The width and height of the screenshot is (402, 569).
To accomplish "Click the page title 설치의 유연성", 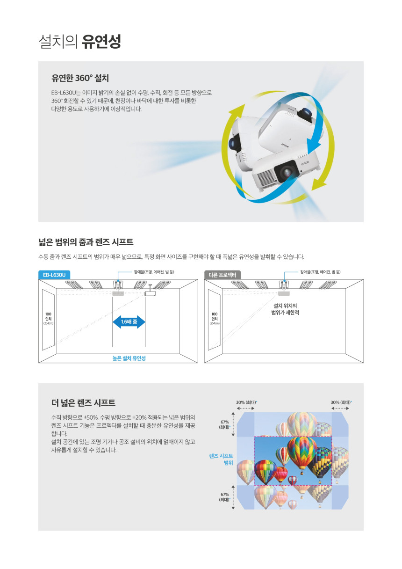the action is (79, 41).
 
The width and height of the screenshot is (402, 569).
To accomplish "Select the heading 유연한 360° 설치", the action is (80, 78).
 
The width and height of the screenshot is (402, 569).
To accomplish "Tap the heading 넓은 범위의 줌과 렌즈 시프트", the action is (86, 242).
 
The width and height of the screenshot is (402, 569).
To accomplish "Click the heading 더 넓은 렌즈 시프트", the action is (83, 402).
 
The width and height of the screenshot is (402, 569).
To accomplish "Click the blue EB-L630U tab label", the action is (54, 275).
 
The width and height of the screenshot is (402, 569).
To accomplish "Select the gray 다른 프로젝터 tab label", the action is (223, 275).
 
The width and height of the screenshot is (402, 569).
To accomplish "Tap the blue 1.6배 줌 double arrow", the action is (129, 322).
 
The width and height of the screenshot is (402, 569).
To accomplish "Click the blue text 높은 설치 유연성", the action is (129, 358).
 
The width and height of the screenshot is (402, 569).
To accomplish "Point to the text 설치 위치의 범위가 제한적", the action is (285, 309).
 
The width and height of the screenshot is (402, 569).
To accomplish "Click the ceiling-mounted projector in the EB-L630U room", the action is (150, 292).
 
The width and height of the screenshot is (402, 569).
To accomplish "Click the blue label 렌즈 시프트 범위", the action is (221, 459).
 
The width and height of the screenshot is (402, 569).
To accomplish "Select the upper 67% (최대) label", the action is (224, 424).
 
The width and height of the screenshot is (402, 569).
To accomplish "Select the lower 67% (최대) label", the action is (224, 497).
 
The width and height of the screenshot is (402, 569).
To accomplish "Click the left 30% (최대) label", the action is (246, 402).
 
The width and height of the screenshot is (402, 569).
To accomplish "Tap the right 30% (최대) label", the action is (341, 402).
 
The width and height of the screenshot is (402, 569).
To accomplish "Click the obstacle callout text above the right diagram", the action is (320, 272).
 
